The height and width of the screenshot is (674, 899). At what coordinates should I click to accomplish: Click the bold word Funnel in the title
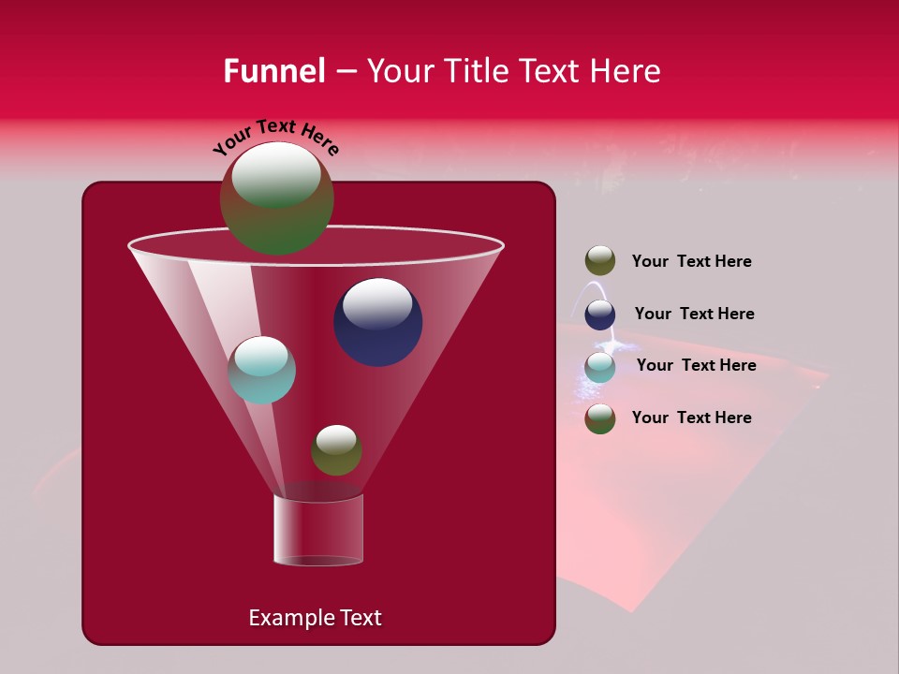pyautogui.click(x=273, y=71)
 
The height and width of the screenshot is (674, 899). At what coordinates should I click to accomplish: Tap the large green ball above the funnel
pyautogui.click(x=276, y=198)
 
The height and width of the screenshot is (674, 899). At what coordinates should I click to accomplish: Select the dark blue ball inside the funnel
pyautogui.click(x=377, y=323)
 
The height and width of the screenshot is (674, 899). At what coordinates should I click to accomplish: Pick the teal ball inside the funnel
pyautogui.click(x=261, y=371)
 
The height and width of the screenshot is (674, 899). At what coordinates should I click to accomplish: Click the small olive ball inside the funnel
pyautogui.click(x=336, y=450)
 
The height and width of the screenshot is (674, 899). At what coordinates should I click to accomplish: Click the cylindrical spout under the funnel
pyautogui.click(x=318, y=530)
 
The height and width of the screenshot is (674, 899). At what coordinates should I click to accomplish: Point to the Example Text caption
pyautogui.click(x=315, y=618)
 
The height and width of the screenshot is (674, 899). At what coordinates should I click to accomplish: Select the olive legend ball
pyautogui.click(x=600, y=261)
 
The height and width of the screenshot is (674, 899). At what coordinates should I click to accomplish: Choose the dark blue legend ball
pyautogui.click(x=600, y=315)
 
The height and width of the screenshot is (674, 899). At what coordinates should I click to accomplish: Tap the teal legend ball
pyautogui.click(x=600, y=367)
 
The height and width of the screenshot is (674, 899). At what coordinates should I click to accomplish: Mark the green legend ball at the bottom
pyautogui.click(x=600, y=418)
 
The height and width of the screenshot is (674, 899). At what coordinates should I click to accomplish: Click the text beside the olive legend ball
pyautogui.click(x=691, y=262)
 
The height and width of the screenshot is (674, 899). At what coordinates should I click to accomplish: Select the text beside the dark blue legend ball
pyautogui.click(x=694, y=315)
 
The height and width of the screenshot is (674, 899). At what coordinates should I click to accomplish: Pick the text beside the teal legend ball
pyautogui.click(x=696, y=366)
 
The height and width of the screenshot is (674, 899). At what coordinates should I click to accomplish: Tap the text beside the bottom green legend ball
pyautogui.click(x=691, y=418)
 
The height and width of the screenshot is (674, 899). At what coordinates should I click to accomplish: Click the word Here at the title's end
pyautogui.click(x=628, y=71)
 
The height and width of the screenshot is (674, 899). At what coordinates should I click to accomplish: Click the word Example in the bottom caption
pyautogui.click(x=290, y=618)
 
